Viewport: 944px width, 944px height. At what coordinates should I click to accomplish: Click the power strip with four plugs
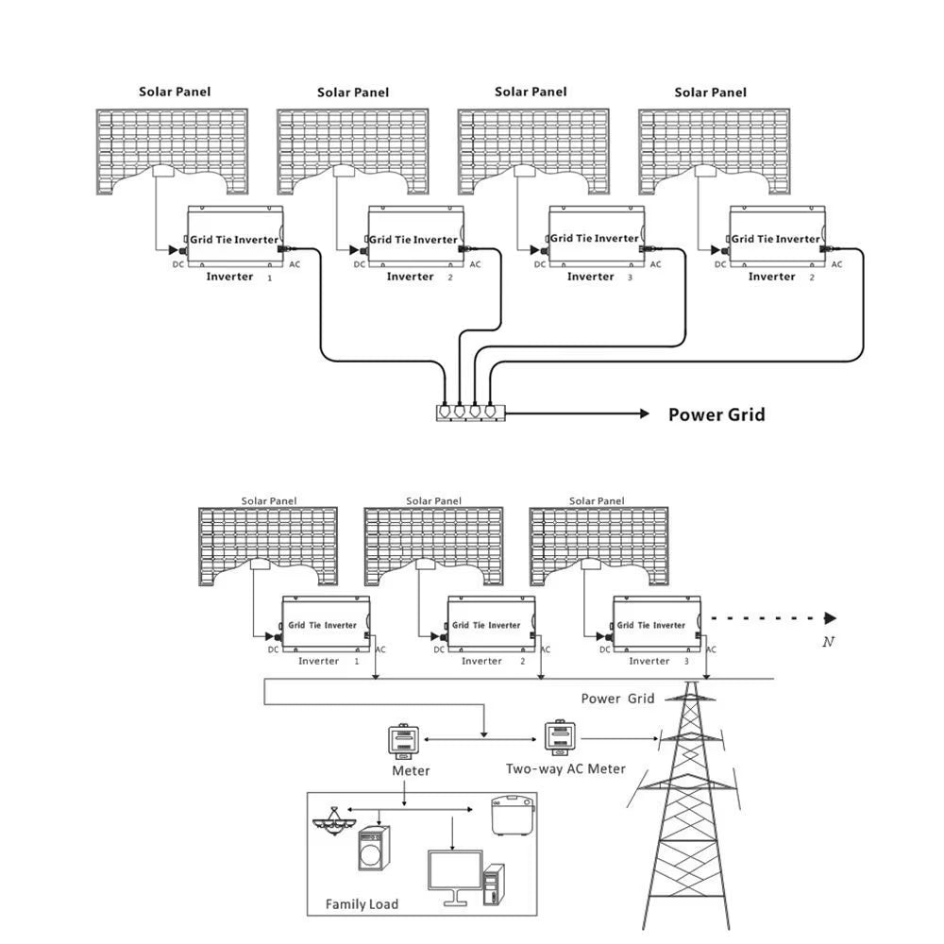click(469, 413)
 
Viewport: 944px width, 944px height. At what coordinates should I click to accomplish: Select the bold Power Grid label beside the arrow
click(716, 414)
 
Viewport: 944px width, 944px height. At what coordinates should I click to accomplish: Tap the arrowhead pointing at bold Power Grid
click(645, 413)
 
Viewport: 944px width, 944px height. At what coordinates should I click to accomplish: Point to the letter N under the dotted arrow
click(828, 642)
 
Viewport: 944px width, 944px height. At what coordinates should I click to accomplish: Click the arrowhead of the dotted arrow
click(830, 618)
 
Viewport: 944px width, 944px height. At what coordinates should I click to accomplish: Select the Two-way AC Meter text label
click(565, 768)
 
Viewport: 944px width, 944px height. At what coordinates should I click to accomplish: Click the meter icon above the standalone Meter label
click(402, 742)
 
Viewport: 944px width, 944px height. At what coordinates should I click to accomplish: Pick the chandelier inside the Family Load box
click(335, 824)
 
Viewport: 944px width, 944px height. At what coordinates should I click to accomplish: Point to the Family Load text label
click(362, 904)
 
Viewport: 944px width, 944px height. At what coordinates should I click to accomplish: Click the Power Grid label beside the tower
click(617, 699)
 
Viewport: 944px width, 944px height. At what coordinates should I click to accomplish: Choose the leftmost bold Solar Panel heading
click(175, 92)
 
